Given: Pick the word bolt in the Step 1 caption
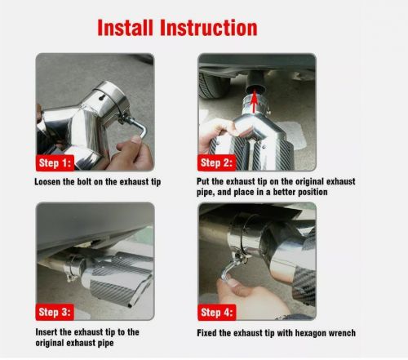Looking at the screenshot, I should (87, 181).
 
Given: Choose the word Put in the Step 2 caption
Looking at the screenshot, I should (204, 181).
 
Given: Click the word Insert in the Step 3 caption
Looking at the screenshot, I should (47, 331).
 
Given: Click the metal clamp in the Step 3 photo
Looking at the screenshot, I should (75, 264).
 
